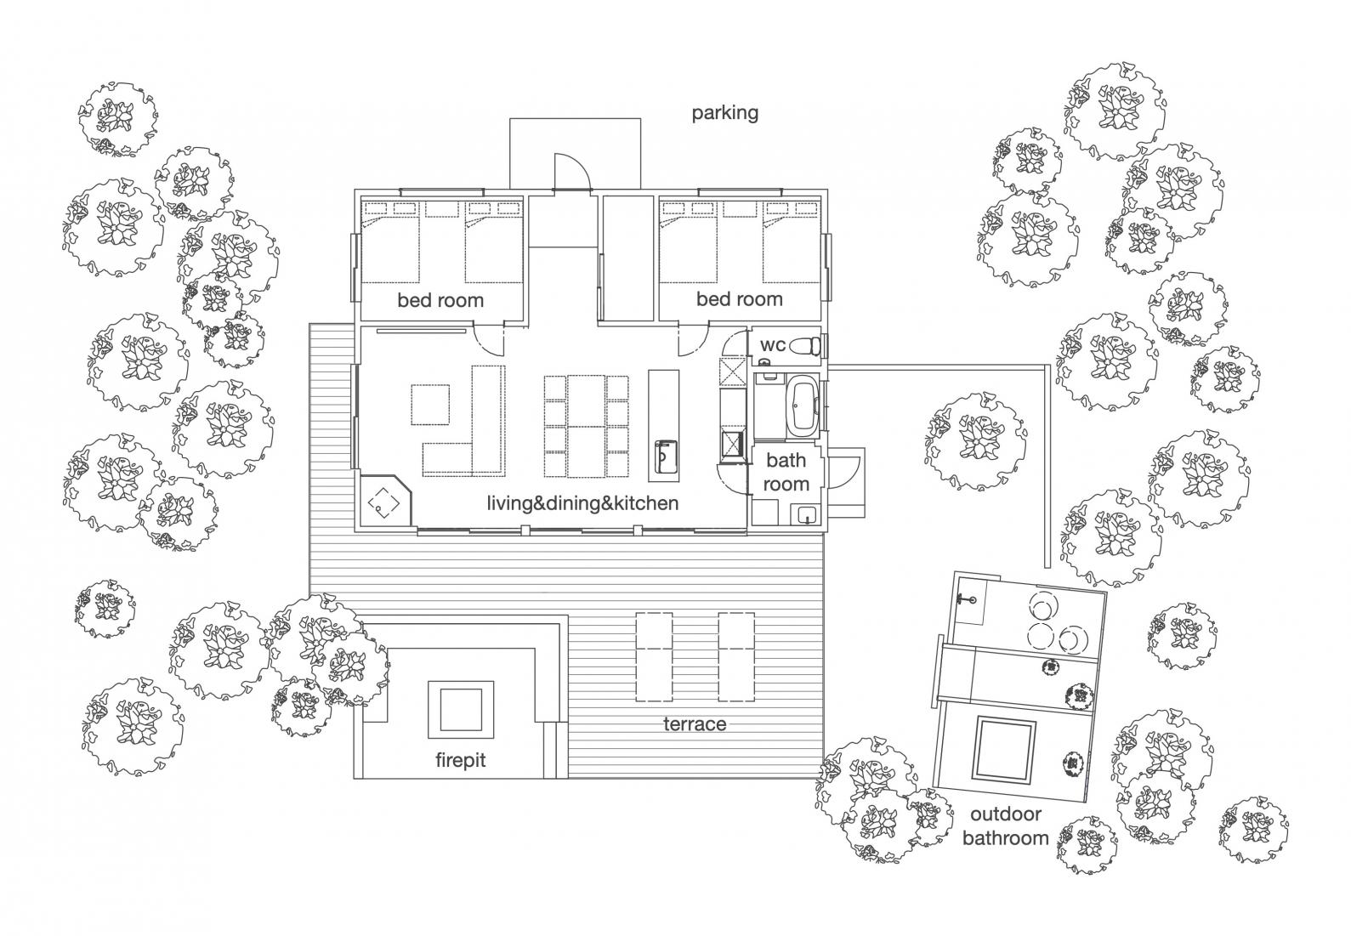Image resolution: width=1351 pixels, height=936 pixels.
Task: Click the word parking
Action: tap(724, 113)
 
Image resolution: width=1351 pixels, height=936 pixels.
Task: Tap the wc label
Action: tap(772, 345)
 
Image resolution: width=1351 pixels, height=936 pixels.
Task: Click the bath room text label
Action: tap(786, 472)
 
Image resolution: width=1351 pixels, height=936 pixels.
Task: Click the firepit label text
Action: tap(460, 759)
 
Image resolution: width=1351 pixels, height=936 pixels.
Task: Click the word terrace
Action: tap(695, 723)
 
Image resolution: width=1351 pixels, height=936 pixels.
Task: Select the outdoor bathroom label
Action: tap(1005, 825)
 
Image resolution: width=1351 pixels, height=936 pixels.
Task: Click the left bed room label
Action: tap(440, 300)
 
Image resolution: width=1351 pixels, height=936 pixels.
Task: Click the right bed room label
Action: tap(739, 299)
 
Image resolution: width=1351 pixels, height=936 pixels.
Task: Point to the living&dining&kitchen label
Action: tap(582, 503)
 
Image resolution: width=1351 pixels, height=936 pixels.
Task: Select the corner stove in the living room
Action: tap(384, 503)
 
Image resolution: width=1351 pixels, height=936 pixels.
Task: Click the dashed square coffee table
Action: tap(431, 405)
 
